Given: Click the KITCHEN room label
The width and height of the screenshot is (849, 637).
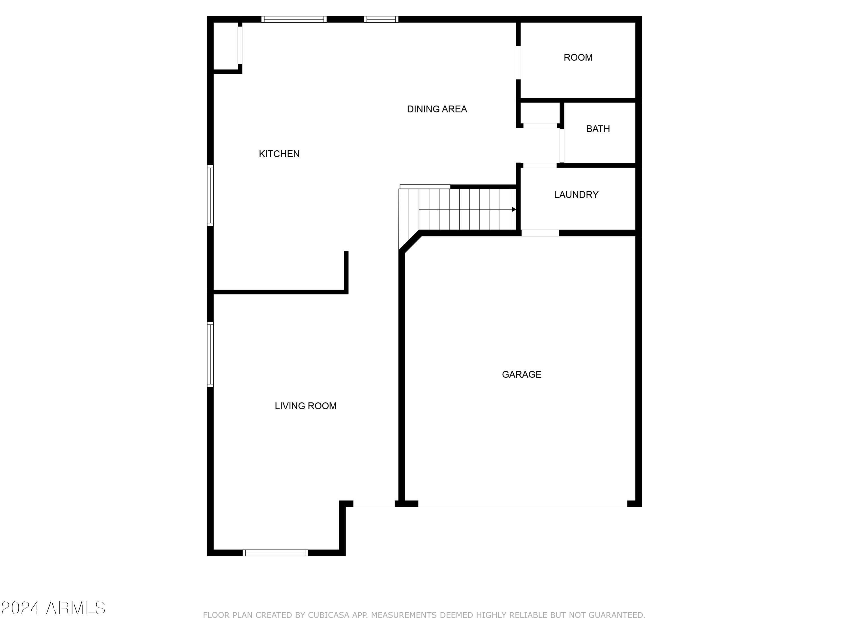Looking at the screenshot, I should pyautogui.click(x=279, y=154).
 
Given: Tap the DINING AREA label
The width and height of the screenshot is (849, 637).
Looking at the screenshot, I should pyautogui.click(x=437, y=110).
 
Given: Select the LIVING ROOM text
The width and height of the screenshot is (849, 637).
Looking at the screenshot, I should pyautogui.click(x=306, y=406).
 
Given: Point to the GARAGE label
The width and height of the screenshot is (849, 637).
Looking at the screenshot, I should pyautogui.click(x=522, y=374).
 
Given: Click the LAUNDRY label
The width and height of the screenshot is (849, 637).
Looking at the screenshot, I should pyautogui.click(x=576, y=195).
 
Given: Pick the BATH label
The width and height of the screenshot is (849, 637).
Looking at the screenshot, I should pyautogui.click(x=598, y=129).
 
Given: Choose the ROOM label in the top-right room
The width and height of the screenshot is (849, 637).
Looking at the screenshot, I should pyautogui.click(x=578, y=57).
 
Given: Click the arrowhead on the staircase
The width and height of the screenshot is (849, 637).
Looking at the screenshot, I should pyautogui.click(x=514, y=209).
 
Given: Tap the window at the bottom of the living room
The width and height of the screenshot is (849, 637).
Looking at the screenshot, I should pyautogui.click(x=275, y=553).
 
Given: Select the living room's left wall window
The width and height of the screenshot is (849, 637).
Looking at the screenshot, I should pyautogui.click(x=210, y=354).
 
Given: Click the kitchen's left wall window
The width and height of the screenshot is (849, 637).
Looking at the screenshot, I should pyautogui.click(x=210, y=195).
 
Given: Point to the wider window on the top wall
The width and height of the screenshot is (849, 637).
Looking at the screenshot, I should pyautogui.click(x=294, y=19).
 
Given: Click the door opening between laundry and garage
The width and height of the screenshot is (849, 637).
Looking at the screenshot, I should pyautogui.click(x=540, y=233).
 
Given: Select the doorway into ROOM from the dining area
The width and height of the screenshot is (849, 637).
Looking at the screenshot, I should pyautogui.click(x=518, y=63).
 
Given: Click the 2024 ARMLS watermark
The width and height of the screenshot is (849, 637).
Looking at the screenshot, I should pyautogui.click(x=53, y=608).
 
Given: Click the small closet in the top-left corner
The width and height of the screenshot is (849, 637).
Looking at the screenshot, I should pyautogui.click(x=226, y=46).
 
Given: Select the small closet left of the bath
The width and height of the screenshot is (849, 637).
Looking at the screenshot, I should pyautogui.click(x=540, y=114).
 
